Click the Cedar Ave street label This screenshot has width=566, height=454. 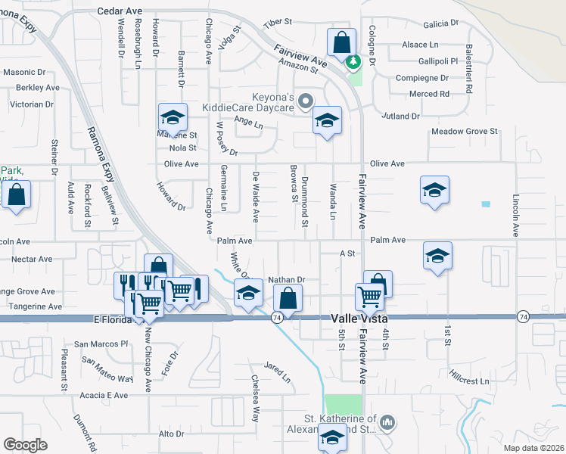pos(120,12)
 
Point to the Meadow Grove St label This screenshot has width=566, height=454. pos(464,132)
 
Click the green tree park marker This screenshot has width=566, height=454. pos(353,61)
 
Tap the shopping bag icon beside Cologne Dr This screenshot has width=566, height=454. pos(341,42)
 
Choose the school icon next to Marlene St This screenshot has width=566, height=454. pos(173,118)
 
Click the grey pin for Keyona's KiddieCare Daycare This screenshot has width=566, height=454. pos(306,100)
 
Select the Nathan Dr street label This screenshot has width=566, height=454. pos(286,279)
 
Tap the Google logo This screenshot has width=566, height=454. pos(25,445)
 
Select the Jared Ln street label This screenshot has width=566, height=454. pos(278,372)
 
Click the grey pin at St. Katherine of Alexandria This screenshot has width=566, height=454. pos(387,421)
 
